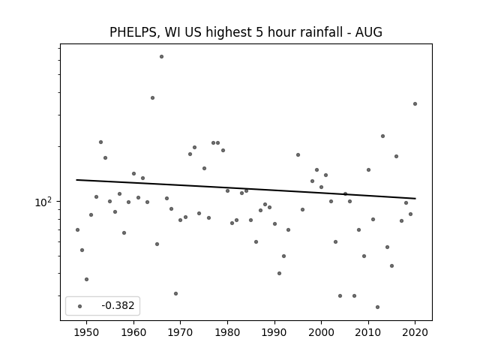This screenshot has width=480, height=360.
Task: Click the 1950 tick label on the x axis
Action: [87, 332]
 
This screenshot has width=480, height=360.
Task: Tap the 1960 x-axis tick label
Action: [133, 332]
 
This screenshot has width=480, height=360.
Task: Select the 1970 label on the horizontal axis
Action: [180, 332]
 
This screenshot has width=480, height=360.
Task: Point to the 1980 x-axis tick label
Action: [227, 332]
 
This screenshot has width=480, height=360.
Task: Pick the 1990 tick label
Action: [274, 332]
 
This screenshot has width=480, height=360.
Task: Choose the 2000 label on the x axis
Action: [321, 332]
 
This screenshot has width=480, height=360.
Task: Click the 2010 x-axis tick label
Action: [368, 332]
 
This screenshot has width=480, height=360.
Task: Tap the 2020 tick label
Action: [415, 332]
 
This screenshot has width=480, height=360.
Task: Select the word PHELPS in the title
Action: [133, 32]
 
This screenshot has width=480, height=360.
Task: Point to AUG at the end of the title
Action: [368, 32]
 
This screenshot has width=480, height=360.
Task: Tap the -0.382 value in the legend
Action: [118, 305]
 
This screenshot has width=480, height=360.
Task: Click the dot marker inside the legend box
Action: [80, 306]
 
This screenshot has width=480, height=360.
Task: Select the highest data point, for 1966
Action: [162, 57]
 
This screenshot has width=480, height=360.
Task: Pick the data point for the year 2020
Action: [415, 103]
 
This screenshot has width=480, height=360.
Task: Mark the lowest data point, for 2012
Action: [377, 307]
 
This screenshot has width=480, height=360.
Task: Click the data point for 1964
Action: [152, 98]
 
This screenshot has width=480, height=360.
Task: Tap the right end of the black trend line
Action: [415, 199]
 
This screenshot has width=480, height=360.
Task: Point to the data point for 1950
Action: [87, 279]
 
